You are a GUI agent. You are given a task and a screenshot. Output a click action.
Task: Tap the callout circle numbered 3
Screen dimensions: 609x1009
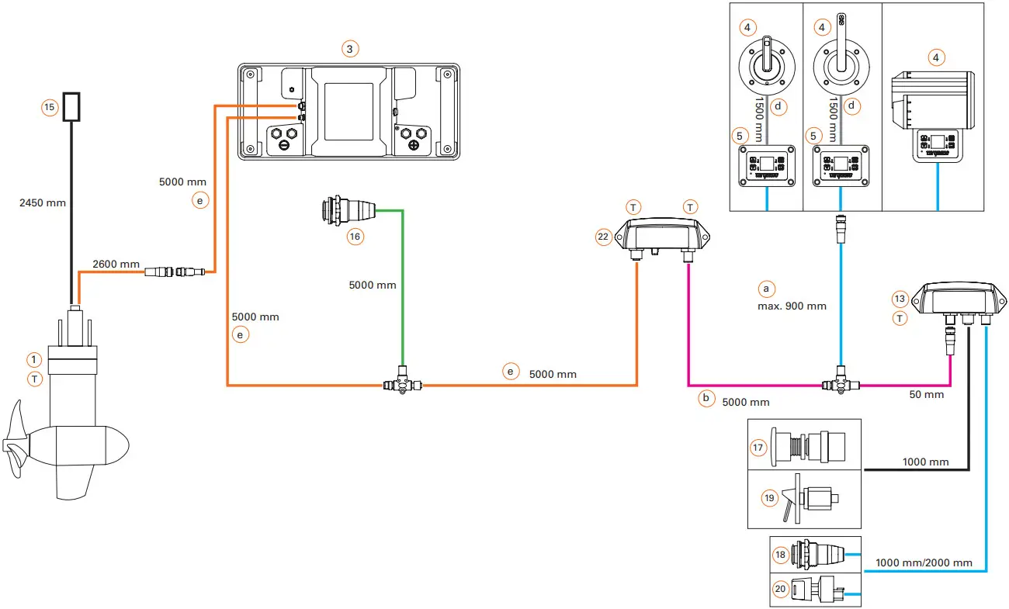click(x=350, y=49)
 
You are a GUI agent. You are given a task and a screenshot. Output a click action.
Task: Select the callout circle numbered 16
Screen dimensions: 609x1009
click(x=355, y=237)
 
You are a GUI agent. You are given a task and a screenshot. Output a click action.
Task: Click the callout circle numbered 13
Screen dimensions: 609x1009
click(x=900, y=299)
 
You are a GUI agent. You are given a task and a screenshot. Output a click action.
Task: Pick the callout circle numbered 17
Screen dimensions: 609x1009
click(x=759, y=447)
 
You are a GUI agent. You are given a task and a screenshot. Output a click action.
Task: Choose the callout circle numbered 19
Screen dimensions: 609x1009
click(x=769, y=498)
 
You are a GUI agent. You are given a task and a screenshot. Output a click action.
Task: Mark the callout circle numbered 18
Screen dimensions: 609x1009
click(x=781, y=555)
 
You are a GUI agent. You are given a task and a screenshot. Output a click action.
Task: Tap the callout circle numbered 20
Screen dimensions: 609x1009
click(x=781, y=589)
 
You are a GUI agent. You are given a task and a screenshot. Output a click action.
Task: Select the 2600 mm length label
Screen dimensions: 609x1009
click(x=116, y=265)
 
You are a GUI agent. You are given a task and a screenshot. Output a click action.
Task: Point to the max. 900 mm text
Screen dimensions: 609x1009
click(x=792, y=306)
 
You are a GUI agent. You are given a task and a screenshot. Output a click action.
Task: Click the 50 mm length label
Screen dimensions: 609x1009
click(x=927, y=395)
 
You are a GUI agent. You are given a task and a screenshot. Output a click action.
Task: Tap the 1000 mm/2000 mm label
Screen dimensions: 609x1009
click(x=924, y=562)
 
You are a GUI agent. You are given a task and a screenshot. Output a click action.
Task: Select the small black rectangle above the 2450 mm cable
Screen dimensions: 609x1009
click(x=73, y=107)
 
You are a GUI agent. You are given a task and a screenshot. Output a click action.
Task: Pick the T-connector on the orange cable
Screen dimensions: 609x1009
click(x=401, y=384)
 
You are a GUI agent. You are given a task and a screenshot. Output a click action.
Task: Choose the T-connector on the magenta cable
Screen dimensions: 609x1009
click(x=839, y=384)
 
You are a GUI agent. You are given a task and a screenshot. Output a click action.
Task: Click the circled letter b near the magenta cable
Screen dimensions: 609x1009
click(x=706, y=398)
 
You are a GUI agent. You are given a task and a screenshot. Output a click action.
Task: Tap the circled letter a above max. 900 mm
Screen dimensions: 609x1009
click(x=766, y=289)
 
